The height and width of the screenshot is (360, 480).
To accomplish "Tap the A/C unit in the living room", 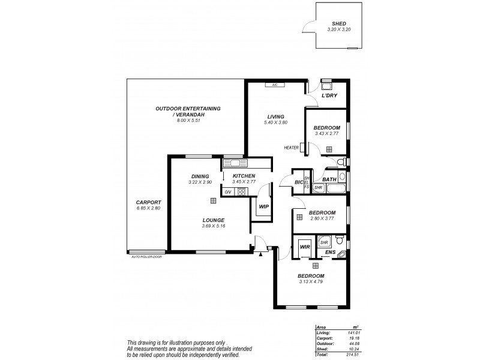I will click(274, 85).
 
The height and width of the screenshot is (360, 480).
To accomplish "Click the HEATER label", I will click(292, 148).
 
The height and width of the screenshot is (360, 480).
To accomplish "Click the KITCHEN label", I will click(244, 176).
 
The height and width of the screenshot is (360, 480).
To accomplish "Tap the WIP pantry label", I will click(263, 206).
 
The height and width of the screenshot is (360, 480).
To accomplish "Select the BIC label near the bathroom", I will click(298, 182).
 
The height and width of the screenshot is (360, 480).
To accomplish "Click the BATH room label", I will click(329, 179).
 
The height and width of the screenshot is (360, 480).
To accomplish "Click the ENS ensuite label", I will click(330, 253).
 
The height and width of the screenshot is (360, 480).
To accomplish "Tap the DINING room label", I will click(200, 176).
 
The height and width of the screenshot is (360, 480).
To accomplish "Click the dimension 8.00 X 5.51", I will click(188, 121).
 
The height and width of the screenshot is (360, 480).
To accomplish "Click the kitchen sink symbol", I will click(232, 163).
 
